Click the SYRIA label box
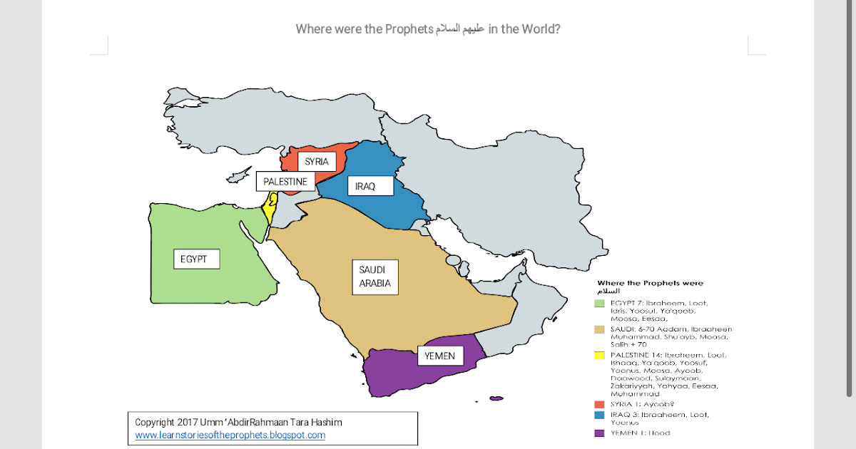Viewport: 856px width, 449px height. point(316,162)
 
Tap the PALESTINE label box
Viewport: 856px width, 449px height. point(285,182)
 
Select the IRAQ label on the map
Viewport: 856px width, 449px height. point(365,187)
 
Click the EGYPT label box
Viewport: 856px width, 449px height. point(193,259)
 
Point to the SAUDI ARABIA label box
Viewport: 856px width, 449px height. point(374,277)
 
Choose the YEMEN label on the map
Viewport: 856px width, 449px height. point(439,356)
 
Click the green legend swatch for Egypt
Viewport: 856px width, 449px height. point(600,304)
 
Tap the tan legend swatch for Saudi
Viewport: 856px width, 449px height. point(600,329)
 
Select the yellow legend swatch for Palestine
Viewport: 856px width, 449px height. point(600,355)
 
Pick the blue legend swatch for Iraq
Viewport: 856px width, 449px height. point(600,414)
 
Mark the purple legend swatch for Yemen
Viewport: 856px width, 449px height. point(600,433)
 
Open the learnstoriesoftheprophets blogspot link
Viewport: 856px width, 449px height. point(230,435)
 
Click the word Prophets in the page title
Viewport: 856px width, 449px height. point(408,29)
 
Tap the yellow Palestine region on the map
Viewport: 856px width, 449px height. point(270,210)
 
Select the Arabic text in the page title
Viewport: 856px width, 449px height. point(462,29)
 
